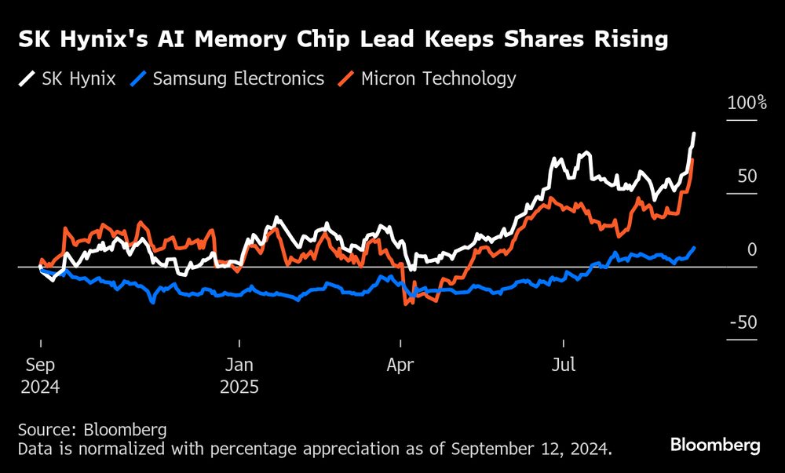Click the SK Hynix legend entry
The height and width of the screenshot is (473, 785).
tap(68, 78)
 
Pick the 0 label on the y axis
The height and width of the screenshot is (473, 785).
tap(751, 249)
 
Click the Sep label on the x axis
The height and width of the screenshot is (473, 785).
tap(41, 366)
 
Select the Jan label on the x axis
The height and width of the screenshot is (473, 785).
tap(239, 366)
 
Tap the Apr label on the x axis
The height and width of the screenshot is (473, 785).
tap(401, 366)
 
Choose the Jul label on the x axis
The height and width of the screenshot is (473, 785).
tap(563, 366)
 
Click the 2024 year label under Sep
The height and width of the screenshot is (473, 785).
tap(41, 387)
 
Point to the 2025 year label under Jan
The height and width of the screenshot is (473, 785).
tap(239, 387)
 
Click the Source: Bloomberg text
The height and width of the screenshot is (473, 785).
tap(93, 430)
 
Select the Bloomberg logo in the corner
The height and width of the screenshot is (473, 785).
tap(715, 445)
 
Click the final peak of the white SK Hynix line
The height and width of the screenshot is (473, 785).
tap(694, 134)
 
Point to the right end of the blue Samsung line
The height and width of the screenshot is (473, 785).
tap(694, 248)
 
